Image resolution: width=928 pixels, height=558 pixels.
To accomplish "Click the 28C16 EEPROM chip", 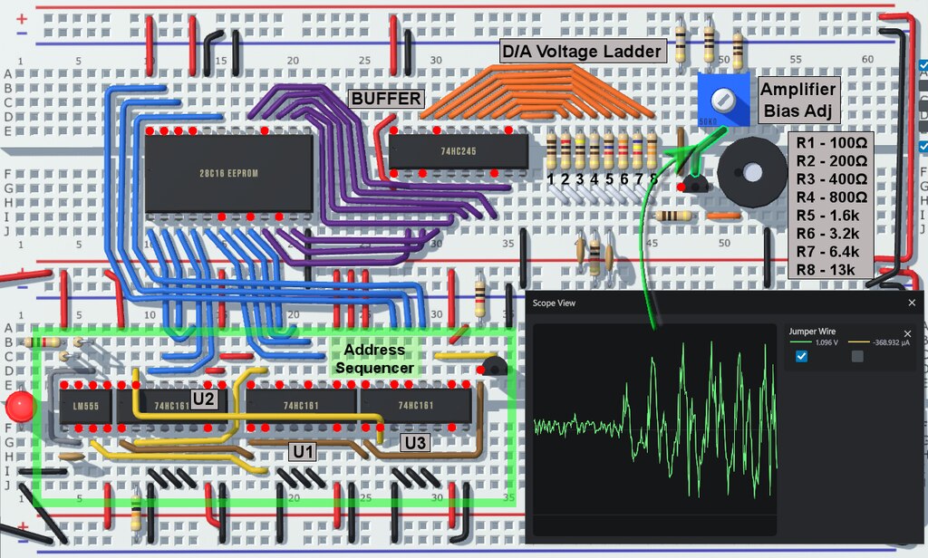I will pos(228,174).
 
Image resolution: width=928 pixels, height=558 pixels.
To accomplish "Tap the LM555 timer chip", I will pos(85,406).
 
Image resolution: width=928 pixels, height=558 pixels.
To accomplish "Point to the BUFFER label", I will pos(386,98).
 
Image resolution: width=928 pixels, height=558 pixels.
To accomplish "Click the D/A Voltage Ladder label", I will pos(583,52).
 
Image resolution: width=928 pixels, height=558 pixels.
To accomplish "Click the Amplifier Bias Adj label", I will pos(798,100).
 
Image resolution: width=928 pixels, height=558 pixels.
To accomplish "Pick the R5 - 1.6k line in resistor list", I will pos(832,216).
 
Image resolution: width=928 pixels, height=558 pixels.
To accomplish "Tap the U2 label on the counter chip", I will pos(204,398).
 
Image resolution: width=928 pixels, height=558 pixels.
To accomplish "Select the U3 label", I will pos(415,442).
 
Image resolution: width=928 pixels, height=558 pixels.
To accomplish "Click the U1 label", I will pos(301,450).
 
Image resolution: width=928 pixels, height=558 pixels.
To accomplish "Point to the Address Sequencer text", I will pos(374,359).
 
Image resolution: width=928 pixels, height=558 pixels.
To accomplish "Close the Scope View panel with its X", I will pos(912,303).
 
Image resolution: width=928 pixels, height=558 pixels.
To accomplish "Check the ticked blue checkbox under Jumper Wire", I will pos(801,356).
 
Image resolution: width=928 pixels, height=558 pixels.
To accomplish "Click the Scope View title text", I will pos(554,303).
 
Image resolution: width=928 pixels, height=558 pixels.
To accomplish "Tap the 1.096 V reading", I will pos(824,343).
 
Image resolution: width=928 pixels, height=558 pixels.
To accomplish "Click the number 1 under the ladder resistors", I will pos(550,179).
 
